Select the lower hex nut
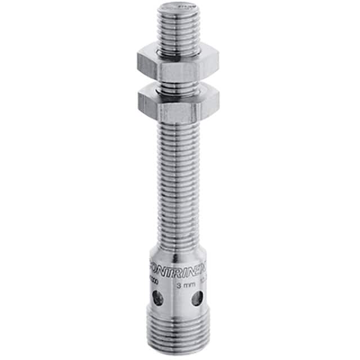coord(178,100)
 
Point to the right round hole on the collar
coord(196,299)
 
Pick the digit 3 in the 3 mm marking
coord(179,285)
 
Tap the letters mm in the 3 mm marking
coord(189,285)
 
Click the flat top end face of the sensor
coord(179,8)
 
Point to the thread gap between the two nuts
coord(179,84)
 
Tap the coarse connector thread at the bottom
coord(179,332)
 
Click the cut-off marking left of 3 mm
coord(154,285)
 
